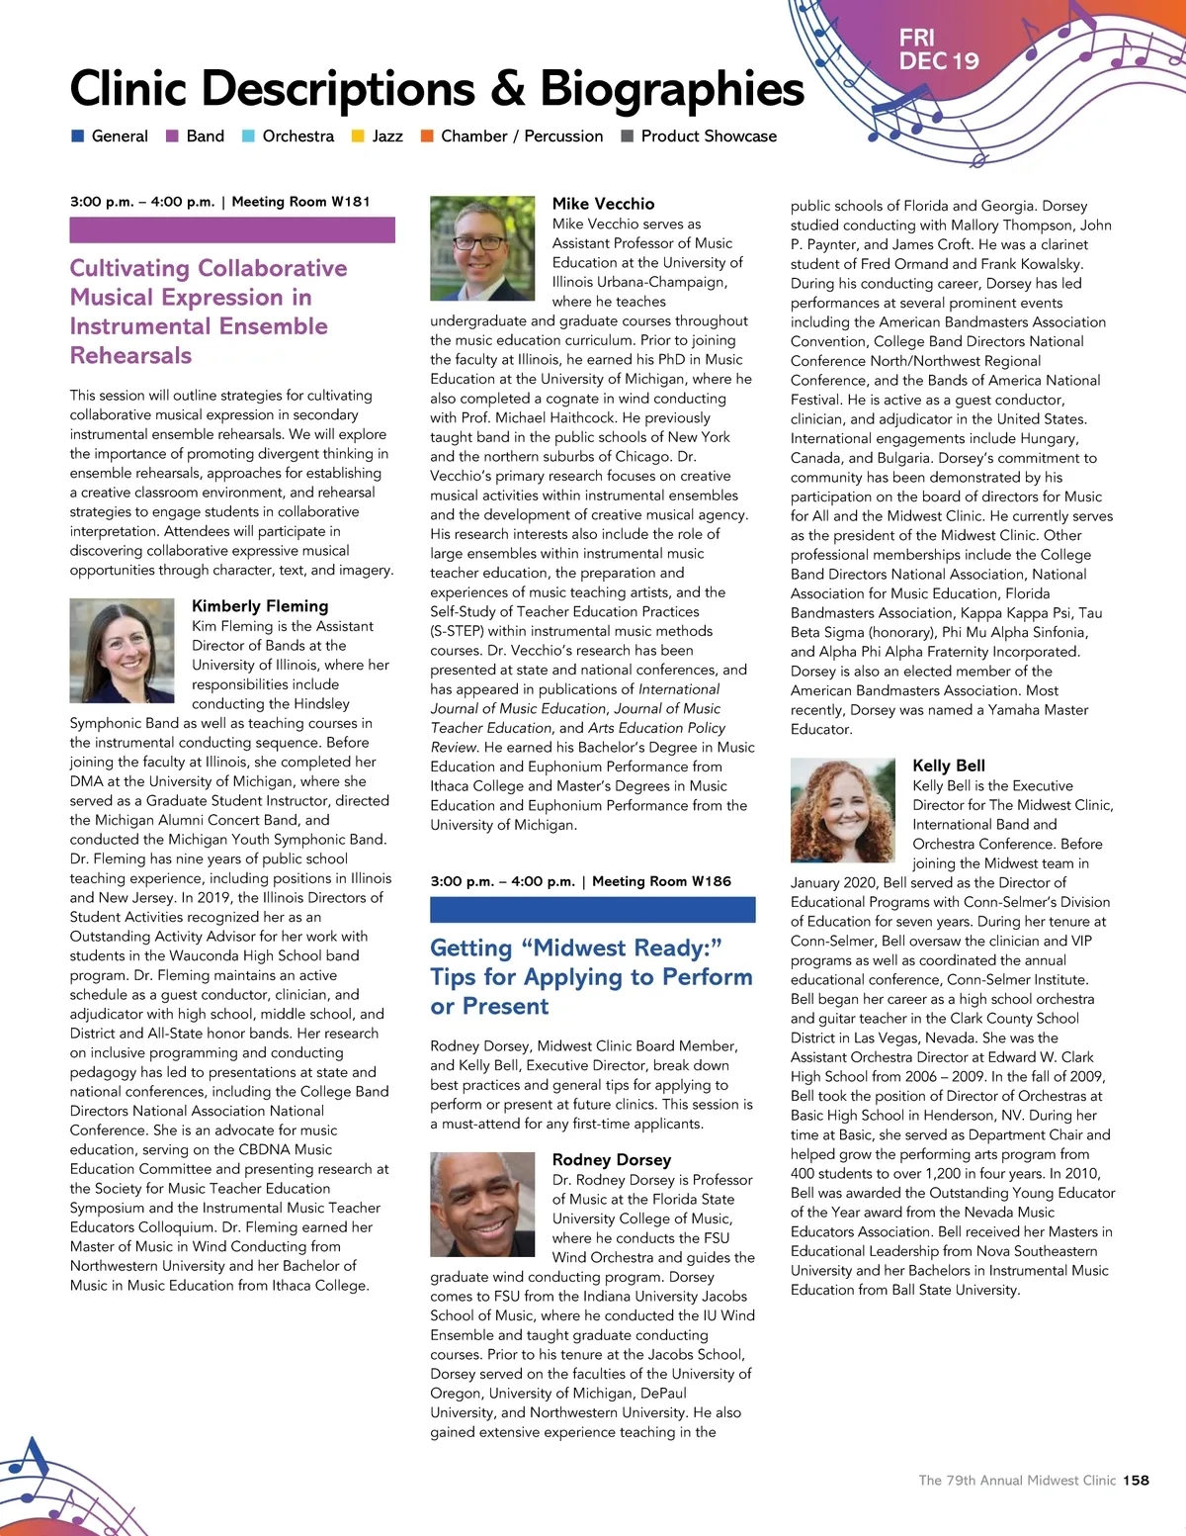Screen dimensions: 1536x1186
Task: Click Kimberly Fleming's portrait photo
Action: pyautogui.click(x=122, y=650)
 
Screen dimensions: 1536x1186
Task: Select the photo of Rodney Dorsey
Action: pyautogui.click(x=481, y=1204)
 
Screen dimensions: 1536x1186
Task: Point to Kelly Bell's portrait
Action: pyautogui.click(x=842, y=810)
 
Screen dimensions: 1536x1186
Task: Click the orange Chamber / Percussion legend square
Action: pyautogui.click(x=427, y=136)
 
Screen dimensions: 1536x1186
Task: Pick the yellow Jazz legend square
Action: pyautogui.click(x=358, y=136)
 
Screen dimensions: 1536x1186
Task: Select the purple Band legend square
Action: pyautogui.click(x=172, y=136)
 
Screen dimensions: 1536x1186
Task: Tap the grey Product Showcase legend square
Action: pyautogui.click(x=627, y=136)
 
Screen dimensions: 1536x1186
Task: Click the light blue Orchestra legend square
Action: pyautogui.click(x=248, y=136)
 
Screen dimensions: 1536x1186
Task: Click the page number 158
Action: pyautogui.click(x=1136, y=1481)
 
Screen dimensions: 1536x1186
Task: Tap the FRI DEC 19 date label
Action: pyautogui.click(x=938, y=49)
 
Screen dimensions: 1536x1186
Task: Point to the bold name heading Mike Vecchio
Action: pyautogui.click(x=603, y=204)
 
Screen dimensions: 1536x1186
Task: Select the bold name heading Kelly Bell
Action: pyautogui.click(x=949, y=766)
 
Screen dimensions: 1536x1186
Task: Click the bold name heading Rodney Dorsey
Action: pyautogui.click(x=612, y=1159)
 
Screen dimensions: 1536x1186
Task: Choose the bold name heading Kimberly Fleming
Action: pyautogui.click(x=260, y=605)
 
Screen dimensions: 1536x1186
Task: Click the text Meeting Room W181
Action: pyautogui.click(x=300, y=202)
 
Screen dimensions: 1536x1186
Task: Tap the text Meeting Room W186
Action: pyautogui.click(x=661, y=881)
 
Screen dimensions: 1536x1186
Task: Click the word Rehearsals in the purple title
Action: pyautogui.click(x=130, y=355)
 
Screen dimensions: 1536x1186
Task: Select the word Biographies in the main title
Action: pyautogui.click(x=672, y=89)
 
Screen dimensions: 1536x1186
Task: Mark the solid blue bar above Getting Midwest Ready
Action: pyautogui.click(x=592, y=909)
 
